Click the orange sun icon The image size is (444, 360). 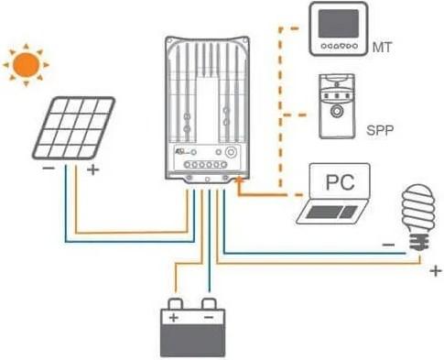(x=25, y=63)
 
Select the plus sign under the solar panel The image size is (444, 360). (x=92, y=170)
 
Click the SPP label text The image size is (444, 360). (x=378, y=130)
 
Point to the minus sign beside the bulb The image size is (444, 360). (x=388, y=245)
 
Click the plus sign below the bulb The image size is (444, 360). (x=433, y=270)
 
